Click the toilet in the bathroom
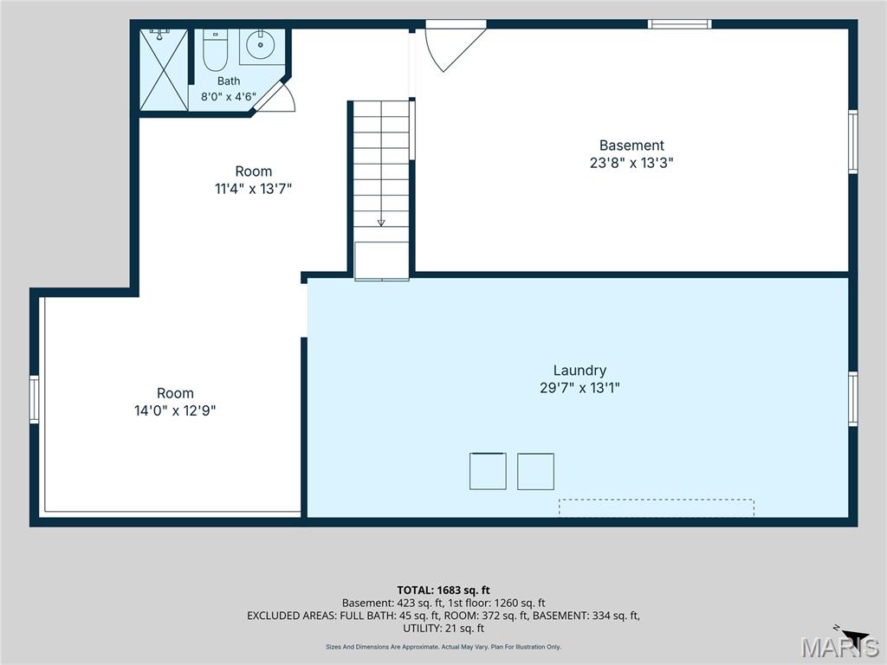click(215, 49)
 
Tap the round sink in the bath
click(261, 45)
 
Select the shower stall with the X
click(164, 69)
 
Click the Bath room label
click(229, 81)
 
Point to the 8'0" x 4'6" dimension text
click(229, 97)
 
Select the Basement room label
click(631, 145)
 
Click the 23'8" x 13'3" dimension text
click(631, 163)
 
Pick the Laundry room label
click(579, 371)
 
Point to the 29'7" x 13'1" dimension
click(579, 388)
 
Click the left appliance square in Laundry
click(488, 471)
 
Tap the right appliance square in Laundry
click(535, 472)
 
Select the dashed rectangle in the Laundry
click(657, 507)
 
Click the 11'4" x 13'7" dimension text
click(253, 189)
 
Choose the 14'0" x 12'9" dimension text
click(175, 410)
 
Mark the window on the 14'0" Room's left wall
click(34, 399)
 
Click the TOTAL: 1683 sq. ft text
click(443, 591)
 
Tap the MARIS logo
click(839, 646)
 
